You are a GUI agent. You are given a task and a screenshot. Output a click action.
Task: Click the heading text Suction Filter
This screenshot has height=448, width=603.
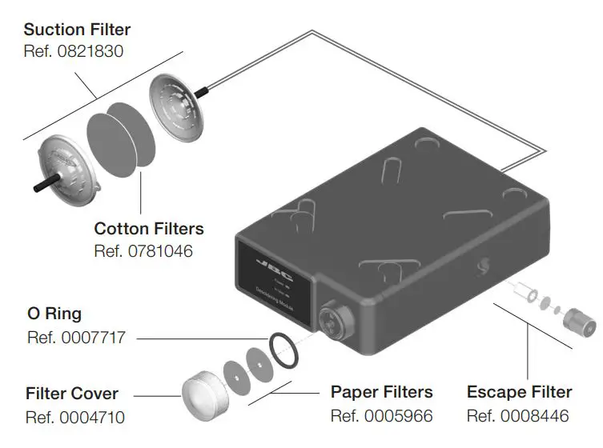click(77, 30)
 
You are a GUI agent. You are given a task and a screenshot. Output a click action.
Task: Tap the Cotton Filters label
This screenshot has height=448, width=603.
click(149, 229)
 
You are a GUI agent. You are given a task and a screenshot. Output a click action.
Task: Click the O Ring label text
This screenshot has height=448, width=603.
click(54, 314)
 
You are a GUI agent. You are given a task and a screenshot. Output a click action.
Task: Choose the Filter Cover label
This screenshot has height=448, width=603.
click(72, 394)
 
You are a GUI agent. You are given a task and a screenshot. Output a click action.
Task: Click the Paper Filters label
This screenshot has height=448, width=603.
click(382, 392)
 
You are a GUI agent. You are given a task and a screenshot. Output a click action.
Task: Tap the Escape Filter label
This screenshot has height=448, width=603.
click(520, 392)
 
